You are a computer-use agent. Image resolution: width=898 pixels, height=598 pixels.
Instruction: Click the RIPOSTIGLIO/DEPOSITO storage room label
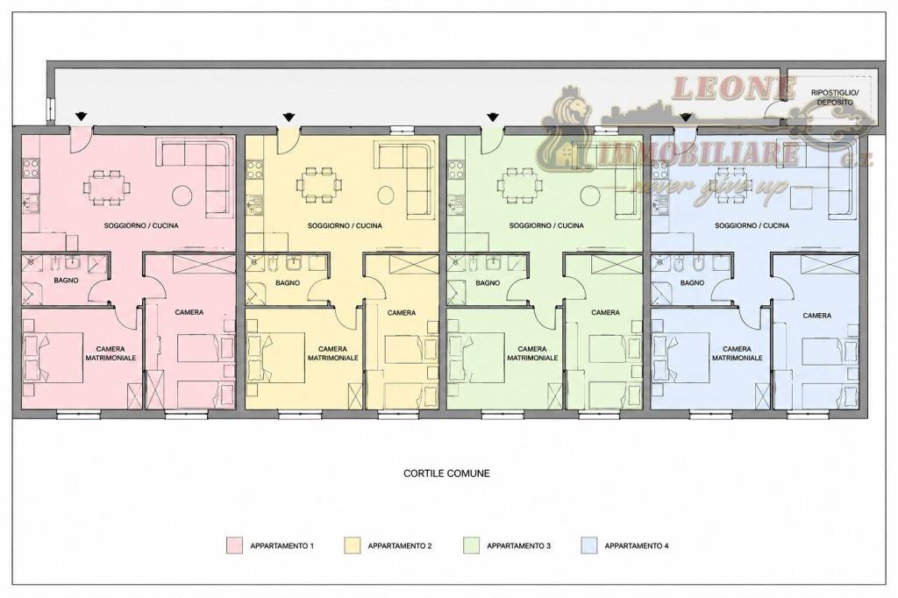coord(835,97)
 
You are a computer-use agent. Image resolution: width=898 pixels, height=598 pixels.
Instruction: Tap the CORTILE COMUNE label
coord(446,473)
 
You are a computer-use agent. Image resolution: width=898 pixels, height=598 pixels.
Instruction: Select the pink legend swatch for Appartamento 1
coord(234,545)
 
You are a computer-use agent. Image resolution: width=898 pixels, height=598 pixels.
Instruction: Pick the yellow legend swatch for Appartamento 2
coord(353,545)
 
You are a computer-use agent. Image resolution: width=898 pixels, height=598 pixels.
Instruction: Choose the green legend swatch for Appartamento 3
coord(471,545)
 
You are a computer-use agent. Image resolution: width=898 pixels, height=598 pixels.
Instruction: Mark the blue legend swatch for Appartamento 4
coord(588,545)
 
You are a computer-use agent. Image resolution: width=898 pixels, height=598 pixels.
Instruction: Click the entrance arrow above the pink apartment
coord(82,117)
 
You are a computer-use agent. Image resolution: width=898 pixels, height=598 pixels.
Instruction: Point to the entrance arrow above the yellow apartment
coord(289,117)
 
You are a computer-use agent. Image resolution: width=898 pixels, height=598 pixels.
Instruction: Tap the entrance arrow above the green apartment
coord(493,117)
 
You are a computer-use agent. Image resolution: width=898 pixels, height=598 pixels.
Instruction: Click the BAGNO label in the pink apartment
coord(67,281)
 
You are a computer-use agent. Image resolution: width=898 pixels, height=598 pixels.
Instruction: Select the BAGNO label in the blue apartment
coord(693,283)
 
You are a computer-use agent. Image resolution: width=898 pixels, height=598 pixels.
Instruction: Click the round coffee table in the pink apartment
coord(183,195)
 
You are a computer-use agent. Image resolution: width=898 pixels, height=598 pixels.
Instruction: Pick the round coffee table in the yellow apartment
coord(386,196)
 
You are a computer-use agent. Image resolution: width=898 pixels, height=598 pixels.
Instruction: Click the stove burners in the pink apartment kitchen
coord(31,169)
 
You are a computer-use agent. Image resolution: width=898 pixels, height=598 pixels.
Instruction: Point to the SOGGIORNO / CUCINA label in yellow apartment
coord(345,225)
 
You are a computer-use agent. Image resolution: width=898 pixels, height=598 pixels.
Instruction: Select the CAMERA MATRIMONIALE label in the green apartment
coord(532,353)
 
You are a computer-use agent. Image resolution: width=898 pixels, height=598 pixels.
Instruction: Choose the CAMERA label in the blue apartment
coord(817,316)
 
